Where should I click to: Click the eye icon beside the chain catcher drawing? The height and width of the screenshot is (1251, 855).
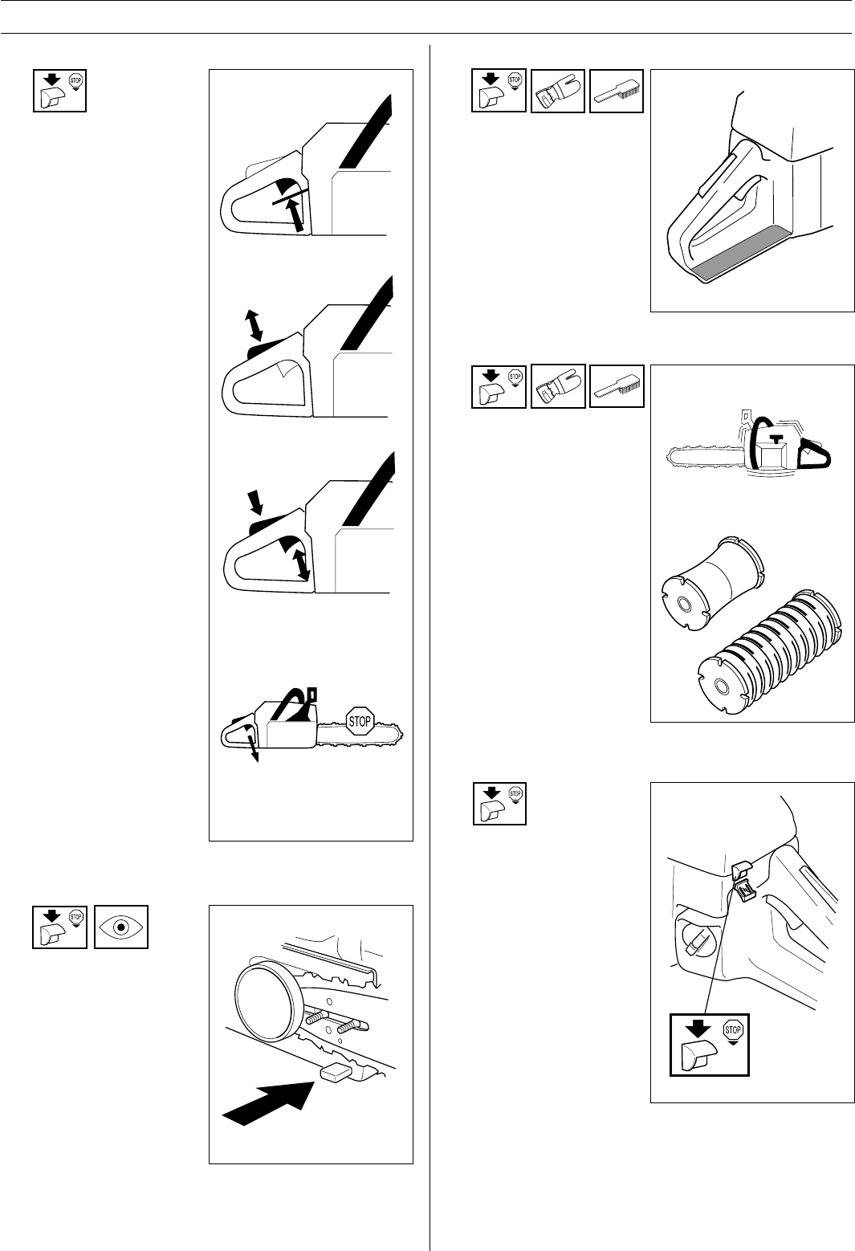[x=120, y=927]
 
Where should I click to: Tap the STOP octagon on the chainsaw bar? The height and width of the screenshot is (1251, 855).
[x=360, y=722]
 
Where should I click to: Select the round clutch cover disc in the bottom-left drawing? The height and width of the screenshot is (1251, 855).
[x=265, y=1002]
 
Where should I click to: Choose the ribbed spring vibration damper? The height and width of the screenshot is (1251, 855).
[x=771, y=652]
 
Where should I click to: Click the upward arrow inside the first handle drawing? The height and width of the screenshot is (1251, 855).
[x=295, y=216]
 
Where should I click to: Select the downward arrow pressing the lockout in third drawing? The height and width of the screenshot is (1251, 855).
[x=256, y=502]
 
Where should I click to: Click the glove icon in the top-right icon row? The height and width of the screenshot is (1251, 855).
[x=557, y=91]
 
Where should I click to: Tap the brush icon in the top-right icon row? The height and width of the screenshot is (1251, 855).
[x=617, y=91]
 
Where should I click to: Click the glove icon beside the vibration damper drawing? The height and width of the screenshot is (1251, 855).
[x=558, y=386]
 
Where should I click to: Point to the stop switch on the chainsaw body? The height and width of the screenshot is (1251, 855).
[x=742, y=882]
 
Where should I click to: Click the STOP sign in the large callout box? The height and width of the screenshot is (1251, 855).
[x=732, y=1029]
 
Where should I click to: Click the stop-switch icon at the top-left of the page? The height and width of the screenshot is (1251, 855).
[x=59, y=91]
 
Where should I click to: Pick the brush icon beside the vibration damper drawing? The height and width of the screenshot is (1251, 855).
[x=617, y=386]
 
